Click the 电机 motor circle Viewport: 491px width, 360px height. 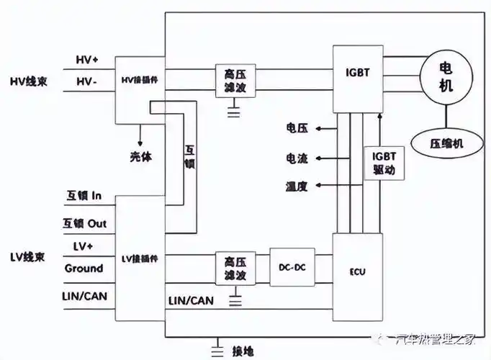tap(448, 76)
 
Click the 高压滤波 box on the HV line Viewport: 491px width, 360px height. tap(233, 81)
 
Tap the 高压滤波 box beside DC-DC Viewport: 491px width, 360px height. tap(233, 267)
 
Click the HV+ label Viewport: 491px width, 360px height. tap(88, 59)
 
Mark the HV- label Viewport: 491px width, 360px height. tap(87, 84)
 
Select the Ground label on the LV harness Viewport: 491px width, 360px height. tap(84, 269)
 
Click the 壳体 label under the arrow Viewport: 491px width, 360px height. tap(140, 156)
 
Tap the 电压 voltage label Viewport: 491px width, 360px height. tap(297, 128)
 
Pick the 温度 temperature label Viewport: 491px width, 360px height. tap(297, 186)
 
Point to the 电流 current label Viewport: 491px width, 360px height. tap(297, 158)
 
